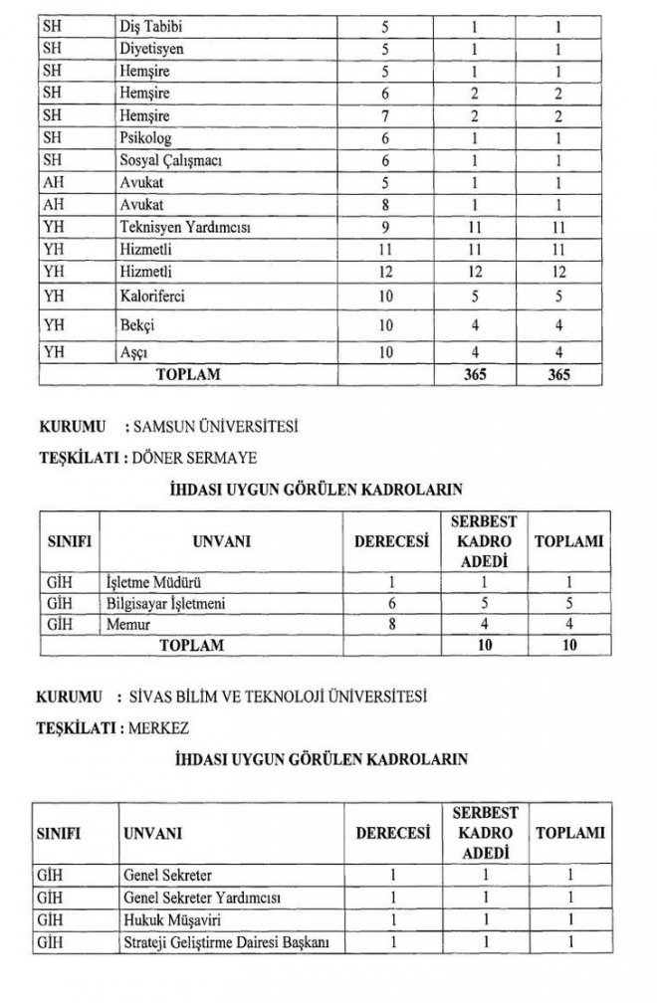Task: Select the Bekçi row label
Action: coord(135,325)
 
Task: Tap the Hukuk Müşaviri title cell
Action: coord(164,919)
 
